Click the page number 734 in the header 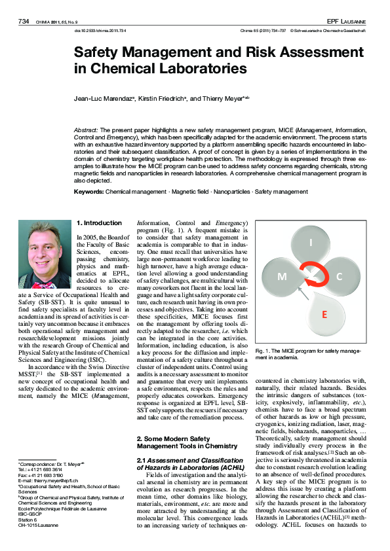[x=24, y=22]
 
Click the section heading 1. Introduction [x=99, y=223]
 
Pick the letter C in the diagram [x=339, y=276]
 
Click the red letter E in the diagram [x=324, y=315]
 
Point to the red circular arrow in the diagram [x=311, y=278]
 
